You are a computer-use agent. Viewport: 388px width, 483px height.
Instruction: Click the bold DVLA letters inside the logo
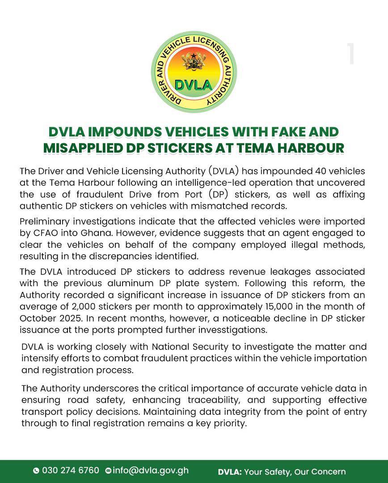[x=194, y=84]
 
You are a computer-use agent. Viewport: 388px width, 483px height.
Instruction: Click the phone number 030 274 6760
[x=71, y=470]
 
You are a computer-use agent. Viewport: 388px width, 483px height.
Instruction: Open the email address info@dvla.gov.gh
[x=151, y=470]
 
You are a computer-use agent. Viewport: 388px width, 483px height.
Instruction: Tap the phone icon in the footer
[x=36, y=471]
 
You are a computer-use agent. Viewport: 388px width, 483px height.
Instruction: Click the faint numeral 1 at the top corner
[x=351, y=54]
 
